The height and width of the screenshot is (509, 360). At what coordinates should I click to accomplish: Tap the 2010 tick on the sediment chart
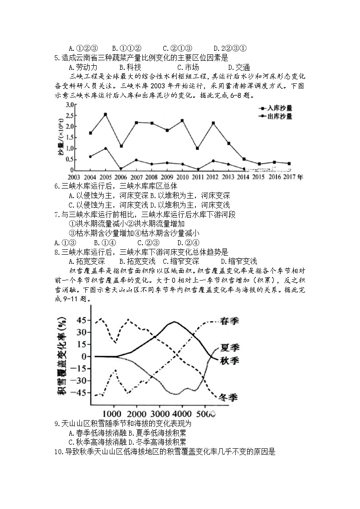point(182,177)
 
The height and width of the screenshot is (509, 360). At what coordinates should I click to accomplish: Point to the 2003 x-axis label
point(74,177)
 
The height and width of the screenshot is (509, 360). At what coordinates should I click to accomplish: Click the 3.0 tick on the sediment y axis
point(69,105)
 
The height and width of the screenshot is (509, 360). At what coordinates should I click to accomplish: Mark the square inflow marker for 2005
point(106,115)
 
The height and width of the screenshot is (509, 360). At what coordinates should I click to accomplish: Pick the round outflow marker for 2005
point(106,148)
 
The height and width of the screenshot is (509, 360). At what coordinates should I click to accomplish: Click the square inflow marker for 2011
point(197,148)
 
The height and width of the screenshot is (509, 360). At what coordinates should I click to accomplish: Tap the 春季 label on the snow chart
point(229,321)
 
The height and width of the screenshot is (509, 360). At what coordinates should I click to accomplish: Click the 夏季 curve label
point(229,348)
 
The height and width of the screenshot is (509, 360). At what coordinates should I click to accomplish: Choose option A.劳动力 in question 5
point(83,67)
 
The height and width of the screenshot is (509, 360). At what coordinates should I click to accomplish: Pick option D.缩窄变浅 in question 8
point(238,261)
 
